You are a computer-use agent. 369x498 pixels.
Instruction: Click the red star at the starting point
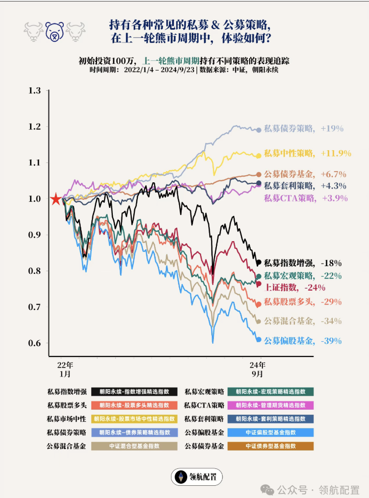coord(55,199)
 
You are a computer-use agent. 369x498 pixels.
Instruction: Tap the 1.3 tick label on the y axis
coord(35,91)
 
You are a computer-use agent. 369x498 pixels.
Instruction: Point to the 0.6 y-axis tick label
coord(35,343)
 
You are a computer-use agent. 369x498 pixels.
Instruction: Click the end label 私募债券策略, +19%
coord(304,129)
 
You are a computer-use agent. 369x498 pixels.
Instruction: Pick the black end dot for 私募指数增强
coord(259,263)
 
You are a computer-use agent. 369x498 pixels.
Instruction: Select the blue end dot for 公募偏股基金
coord(259,339)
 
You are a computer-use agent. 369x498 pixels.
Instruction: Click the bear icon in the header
coord(54,32)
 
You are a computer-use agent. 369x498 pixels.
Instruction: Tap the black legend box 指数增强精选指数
coord(134,392)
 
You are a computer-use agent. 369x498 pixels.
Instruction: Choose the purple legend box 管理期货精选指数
coord(270,405)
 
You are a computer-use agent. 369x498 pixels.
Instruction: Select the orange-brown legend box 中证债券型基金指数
coord(270,446)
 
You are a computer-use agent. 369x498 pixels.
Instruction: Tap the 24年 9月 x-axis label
coord(257,369)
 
